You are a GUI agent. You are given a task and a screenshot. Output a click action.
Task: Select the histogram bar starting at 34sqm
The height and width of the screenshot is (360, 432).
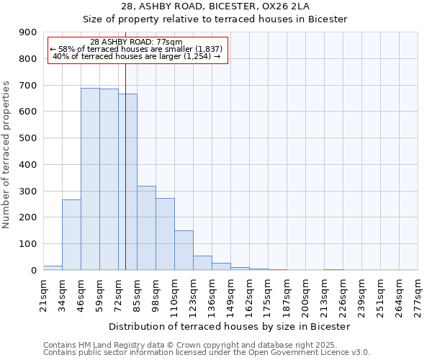71,235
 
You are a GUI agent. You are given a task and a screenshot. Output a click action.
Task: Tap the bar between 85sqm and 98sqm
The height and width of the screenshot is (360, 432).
146,228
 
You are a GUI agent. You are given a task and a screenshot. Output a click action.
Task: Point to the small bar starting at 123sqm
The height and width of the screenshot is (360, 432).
202,263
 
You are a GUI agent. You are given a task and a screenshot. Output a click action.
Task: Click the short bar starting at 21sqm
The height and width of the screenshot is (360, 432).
53,268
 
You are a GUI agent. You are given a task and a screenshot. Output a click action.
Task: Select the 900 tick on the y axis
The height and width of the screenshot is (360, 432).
28,32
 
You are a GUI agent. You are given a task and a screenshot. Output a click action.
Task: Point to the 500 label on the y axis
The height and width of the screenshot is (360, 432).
28,138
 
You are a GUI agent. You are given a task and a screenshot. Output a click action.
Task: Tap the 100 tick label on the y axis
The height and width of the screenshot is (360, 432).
28,244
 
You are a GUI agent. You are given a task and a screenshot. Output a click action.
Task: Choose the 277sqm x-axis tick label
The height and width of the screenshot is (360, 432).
418,292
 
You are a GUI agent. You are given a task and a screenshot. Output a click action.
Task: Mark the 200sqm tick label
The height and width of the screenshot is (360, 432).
305,292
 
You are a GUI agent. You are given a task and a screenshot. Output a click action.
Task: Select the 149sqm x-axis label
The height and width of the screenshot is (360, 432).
230,292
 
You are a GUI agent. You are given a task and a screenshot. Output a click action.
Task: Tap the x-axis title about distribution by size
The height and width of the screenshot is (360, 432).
230,326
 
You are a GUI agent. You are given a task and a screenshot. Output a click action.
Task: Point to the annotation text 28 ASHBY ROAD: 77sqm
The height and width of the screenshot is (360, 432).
137,42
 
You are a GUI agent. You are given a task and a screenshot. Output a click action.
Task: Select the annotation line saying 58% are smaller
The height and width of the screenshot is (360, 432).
137,49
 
